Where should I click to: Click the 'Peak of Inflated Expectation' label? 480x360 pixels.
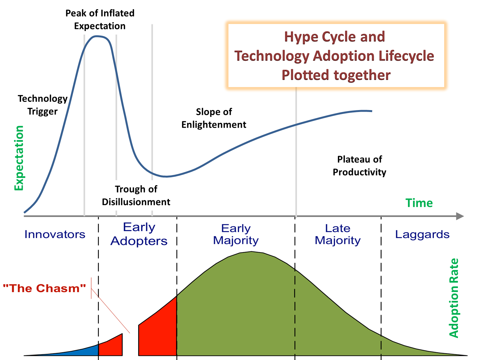[x=100, y=20]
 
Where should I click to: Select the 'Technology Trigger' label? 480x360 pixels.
[x=43, y=105]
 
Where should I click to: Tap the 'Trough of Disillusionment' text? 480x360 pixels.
[x=136, y=196]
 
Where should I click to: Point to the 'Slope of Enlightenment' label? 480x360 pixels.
[x=214, y=118]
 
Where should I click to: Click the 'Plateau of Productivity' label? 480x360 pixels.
[x=359, y=166]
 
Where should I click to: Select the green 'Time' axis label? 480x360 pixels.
[x=419, y=203]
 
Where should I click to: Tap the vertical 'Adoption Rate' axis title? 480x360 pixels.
[x=454, y=298]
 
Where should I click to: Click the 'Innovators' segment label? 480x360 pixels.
[x=55, y=234]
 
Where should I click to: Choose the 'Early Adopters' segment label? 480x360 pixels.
[x=139, y=234]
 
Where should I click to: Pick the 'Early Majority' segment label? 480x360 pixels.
[x=236, y=234]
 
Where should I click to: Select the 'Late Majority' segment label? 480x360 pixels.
[x=338, y=234]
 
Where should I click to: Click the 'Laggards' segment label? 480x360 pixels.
[x=422, y=234]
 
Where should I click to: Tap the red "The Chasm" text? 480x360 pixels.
[x=44, y=288]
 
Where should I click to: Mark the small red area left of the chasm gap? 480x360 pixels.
[x=112, y=347]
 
